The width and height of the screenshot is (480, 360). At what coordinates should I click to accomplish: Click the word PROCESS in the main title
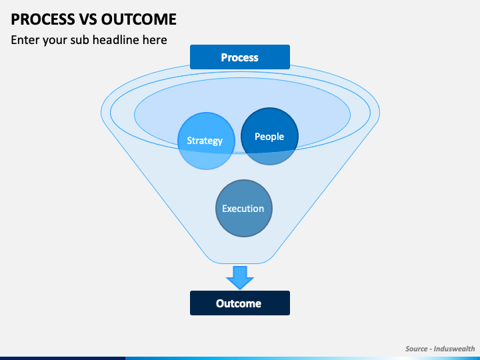point(43,19)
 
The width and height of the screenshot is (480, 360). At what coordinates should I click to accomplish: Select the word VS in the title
point(88,19)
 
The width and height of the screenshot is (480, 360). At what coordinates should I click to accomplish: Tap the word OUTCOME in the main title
point(139,19)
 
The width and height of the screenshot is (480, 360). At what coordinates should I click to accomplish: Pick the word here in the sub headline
point(155,40)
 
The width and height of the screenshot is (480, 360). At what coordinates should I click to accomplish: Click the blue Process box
point(240,57)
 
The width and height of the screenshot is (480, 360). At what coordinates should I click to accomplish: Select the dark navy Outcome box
point(240,303)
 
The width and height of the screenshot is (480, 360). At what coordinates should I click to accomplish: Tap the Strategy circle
point(206,141)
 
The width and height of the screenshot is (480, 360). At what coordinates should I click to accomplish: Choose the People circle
point(269,136)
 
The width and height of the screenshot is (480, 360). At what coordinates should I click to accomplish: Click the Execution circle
point(244,208)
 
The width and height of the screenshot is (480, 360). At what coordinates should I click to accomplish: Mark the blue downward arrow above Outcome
point(240,277)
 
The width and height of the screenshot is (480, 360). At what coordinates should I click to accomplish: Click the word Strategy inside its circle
point(205,141)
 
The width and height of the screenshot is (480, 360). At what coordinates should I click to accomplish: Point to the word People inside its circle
point(269,137)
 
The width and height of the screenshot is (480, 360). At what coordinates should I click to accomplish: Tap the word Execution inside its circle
point(243,209)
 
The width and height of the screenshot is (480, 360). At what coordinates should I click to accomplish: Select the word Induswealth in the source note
point(454,349)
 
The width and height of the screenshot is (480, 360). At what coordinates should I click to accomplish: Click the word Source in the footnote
point(416,349)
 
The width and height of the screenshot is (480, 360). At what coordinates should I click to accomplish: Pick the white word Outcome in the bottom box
point(239,303)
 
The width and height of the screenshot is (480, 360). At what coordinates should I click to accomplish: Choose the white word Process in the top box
point(240,57)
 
